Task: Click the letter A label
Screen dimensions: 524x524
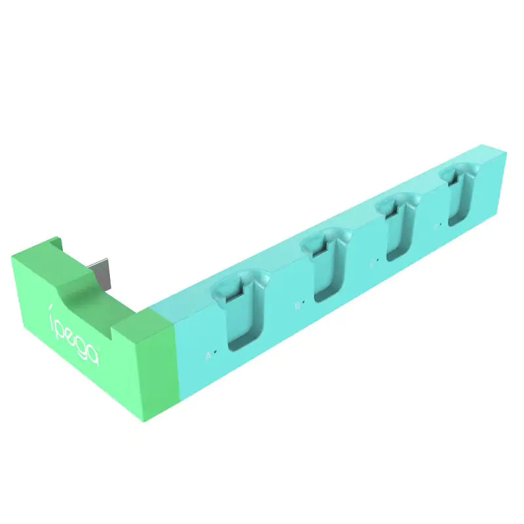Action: [208, 356]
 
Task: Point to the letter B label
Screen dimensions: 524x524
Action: [297, 305]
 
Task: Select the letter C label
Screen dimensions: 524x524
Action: [372, 263]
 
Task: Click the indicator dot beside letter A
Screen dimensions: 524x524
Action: [215, 352]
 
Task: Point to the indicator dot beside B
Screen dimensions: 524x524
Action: [304, 302]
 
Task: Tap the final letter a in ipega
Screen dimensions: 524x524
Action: [93, 353]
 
